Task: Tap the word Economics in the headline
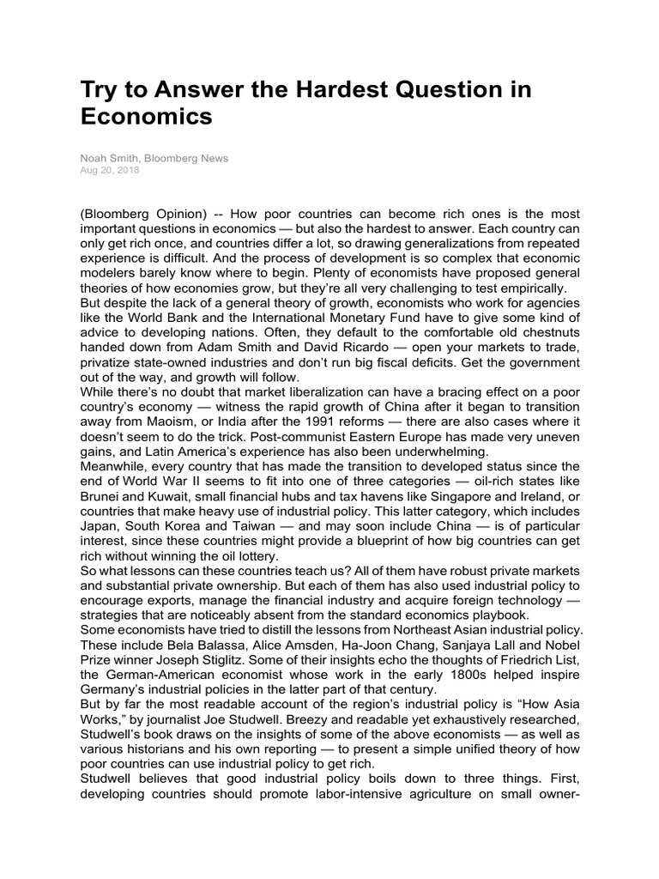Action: (x=146, y=118)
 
